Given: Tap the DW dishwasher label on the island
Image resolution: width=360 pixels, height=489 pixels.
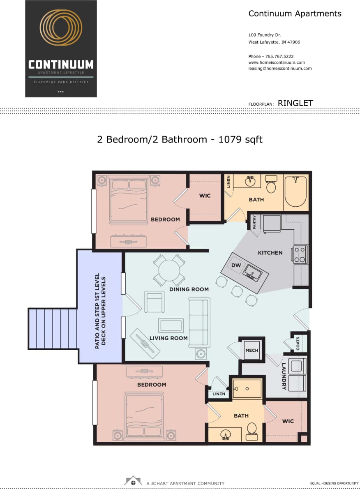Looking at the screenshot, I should point(236,265).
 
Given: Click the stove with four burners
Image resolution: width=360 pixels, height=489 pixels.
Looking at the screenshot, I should point(299,254).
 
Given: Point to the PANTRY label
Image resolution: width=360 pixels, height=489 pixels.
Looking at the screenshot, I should point(254,222).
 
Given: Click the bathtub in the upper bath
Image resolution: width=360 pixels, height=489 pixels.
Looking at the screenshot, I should point(296,191).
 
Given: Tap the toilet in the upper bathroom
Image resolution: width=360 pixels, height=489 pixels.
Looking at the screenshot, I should point(271,186).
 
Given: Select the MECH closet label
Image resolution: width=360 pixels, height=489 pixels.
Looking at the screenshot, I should point(252,351).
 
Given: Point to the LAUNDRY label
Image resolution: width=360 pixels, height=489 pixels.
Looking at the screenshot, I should point(284,376).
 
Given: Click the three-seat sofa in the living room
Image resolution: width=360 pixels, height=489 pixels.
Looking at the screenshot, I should point(199,322).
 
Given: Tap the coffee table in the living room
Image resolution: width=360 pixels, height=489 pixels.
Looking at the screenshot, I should point(171,325).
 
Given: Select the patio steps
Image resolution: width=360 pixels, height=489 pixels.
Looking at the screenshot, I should point(52,329).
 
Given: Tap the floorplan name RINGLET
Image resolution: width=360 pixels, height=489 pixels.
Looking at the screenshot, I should point(295,103).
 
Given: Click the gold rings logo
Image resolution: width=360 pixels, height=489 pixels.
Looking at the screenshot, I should point(61,28).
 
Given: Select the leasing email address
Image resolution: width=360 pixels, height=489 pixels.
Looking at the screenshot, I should point(280,69).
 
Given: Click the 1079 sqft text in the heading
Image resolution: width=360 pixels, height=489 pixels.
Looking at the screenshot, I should point(240,139).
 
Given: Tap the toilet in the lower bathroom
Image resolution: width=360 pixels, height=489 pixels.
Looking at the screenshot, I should point(252,429).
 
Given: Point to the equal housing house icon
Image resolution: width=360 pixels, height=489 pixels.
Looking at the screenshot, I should point(133,481).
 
